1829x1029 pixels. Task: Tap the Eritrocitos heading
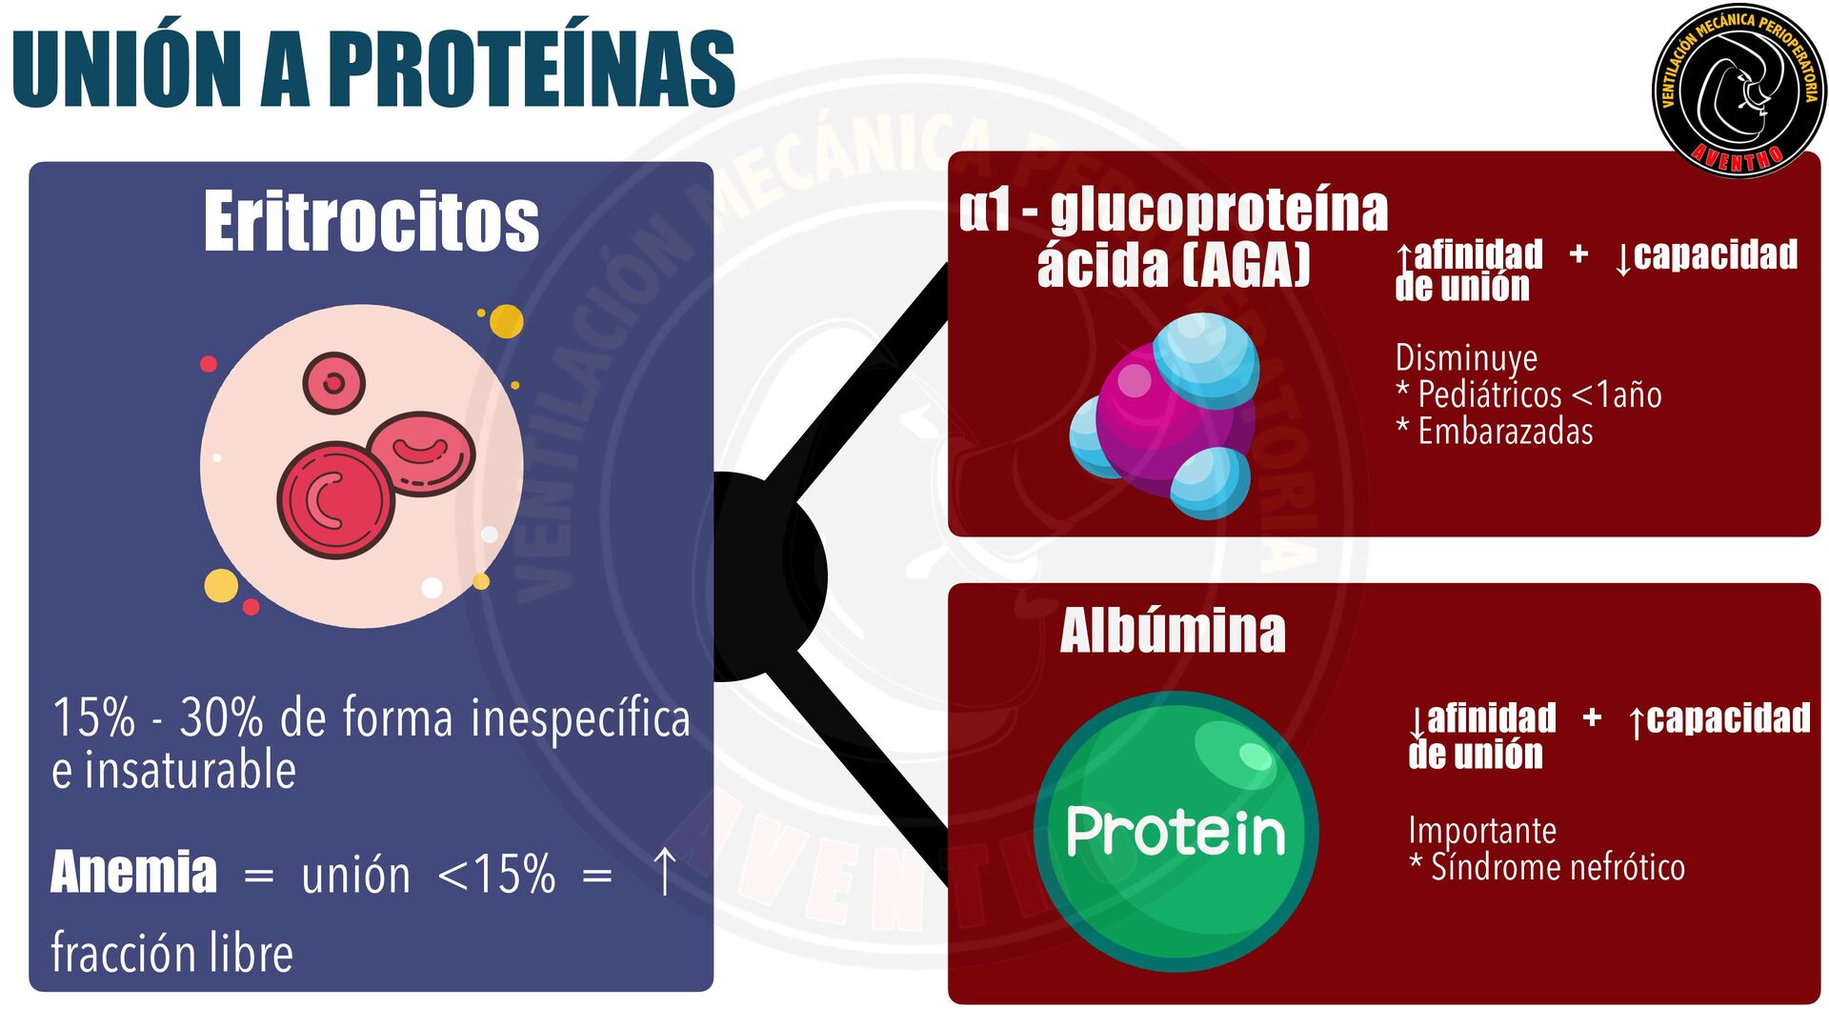(371, 222)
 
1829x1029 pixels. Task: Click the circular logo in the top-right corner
(1739, 91)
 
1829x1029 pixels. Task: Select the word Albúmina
(1173, 631)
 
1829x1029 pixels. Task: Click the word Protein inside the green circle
(1176, 832)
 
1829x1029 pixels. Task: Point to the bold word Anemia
(134, 872)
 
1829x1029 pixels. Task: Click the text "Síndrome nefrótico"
(1558, 867)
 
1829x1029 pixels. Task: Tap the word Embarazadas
(1505, 432)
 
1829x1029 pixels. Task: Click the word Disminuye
(1466, 357)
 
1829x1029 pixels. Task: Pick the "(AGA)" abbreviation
(1247, 265)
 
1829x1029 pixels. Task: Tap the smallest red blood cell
(333, 383)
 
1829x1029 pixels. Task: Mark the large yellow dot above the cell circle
(506, 321)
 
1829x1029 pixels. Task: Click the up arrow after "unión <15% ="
(664, 872)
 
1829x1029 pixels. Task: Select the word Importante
(1482, 830)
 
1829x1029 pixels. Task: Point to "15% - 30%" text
(157, 717)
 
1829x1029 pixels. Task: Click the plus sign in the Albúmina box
(1592, 717)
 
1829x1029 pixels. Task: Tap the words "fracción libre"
(172, 952)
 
